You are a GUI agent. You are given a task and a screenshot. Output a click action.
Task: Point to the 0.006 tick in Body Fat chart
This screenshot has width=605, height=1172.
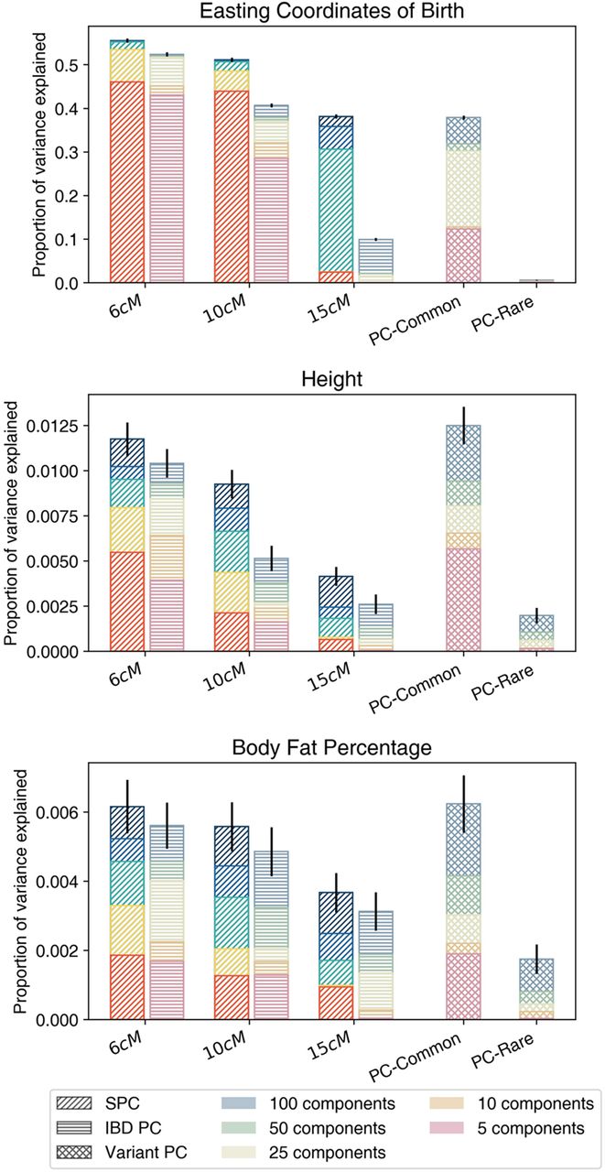point(54,812)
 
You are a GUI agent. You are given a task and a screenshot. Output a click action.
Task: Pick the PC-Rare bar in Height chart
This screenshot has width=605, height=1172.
point(535,633)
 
